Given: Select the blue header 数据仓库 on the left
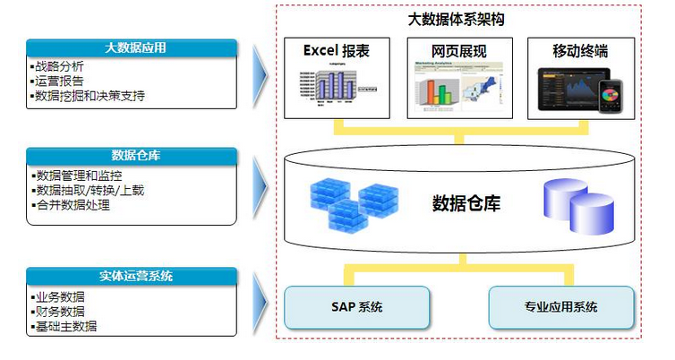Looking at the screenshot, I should tap(132, 156).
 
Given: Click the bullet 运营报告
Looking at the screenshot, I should tap(61, 81).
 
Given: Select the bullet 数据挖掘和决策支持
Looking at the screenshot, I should tap(90, 96).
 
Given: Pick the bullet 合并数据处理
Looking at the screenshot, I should tap(73, 205).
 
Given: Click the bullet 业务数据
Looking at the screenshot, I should tap(61, 297).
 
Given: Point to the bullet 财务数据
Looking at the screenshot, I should tap(61, 312).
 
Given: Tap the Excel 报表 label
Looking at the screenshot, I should tap(337, 51).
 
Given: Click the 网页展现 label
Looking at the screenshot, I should tap(459, 51).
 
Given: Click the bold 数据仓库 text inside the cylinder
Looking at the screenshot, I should tap(466, 202).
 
